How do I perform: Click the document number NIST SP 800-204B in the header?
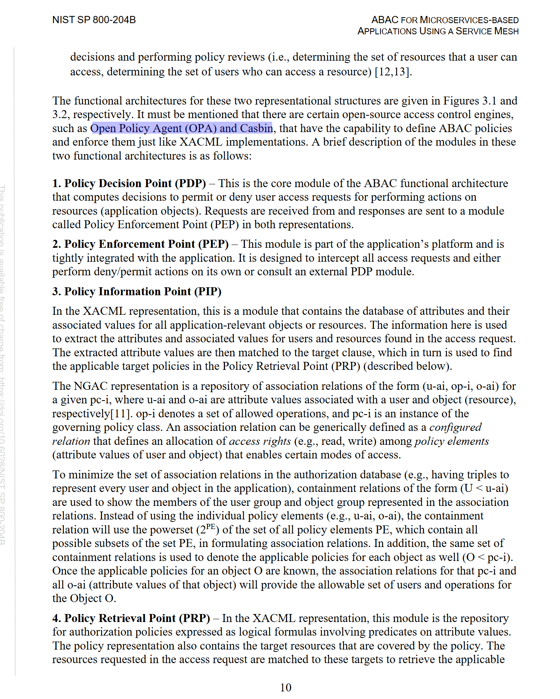click(x=94, y=20)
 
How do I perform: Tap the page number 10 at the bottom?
click(x=286, y=687)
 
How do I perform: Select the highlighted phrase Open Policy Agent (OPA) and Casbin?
click(x=182, y=128)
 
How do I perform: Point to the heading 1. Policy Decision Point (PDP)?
click(x=129, y=184)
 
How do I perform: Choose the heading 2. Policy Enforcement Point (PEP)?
click(x=140, y=244)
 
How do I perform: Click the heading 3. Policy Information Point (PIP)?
click(x=137, y=292)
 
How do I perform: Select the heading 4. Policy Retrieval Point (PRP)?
click(x=131, y=618)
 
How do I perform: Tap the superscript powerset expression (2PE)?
click(x=208, y=529)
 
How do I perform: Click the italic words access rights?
click(x=260, y=441)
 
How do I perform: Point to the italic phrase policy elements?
click(x=452, y=441)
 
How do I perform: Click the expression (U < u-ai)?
click(x=484, y=488)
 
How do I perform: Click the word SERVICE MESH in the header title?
click(x=487, y=31)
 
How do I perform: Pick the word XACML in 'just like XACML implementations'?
click(x=201, y=142)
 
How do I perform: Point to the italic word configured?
click(x=455, y=427)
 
